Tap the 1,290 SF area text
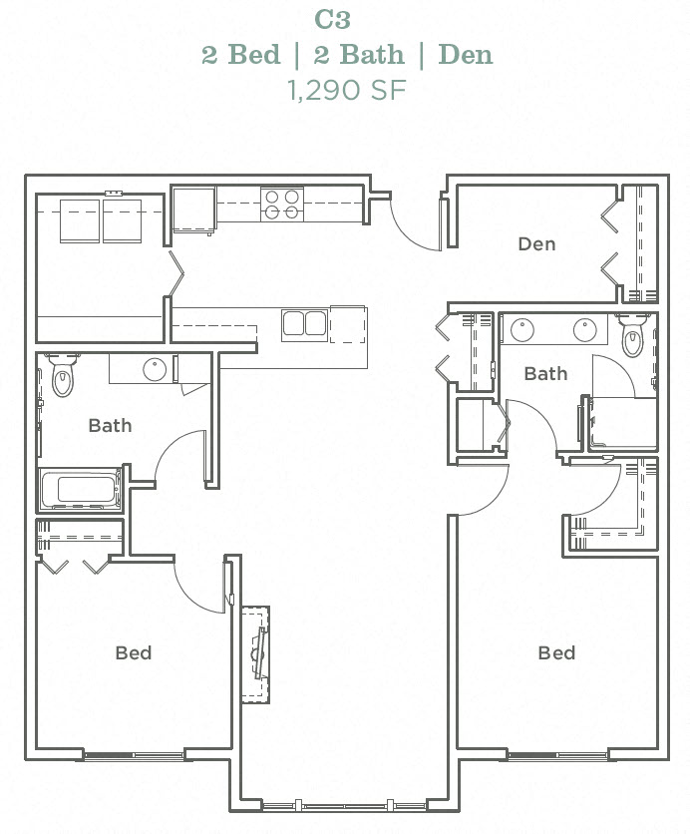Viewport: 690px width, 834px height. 346,90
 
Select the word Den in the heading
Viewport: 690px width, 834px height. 466,54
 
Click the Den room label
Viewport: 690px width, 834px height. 536,244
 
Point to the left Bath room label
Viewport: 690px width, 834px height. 110,426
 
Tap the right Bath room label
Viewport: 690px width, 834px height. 545,374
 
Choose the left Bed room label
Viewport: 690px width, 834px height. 133,653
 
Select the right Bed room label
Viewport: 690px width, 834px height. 556,653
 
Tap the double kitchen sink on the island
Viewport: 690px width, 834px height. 304,323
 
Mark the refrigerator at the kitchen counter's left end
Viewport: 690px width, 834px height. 193,209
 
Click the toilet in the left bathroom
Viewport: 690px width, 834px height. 64,376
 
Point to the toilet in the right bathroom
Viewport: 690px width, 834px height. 633,337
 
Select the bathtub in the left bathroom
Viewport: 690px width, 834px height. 80,490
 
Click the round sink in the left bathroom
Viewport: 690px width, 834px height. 155,370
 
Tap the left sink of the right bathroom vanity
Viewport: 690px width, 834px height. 522,330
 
